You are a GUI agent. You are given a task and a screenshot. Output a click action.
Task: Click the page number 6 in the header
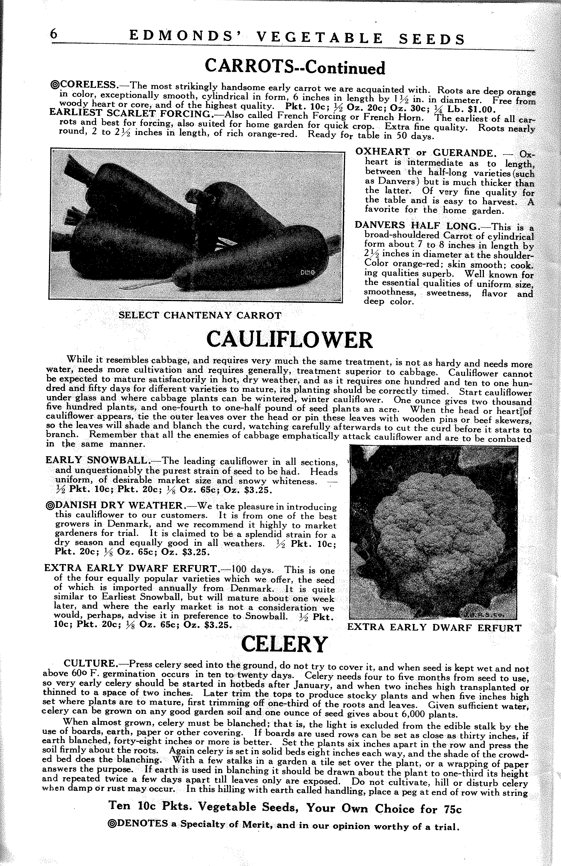point(54,34)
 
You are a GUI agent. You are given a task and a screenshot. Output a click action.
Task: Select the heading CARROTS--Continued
point(294,68)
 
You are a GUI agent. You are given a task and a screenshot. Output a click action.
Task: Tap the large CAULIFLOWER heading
point(289,340)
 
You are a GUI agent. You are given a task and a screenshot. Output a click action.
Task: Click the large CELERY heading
point(284,644)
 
